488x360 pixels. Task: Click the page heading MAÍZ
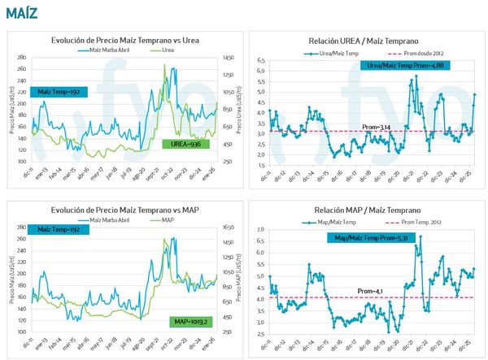20,11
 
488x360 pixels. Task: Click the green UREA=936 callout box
186,144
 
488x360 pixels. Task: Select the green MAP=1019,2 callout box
191,322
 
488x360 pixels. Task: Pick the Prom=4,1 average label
370,290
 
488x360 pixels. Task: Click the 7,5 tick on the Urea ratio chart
261,59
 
